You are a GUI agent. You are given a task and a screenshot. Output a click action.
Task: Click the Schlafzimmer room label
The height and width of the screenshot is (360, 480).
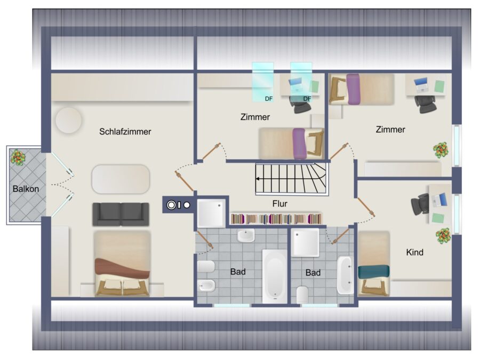tap(125, 132)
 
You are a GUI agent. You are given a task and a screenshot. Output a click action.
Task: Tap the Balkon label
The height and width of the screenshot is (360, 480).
tap(26, 189)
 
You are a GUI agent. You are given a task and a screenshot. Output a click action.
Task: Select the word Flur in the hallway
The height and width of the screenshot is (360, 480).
tap(280, 204)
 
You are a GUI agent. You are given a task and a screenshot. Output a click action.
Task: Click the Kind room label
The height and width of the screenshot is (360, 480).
tap(415, 252)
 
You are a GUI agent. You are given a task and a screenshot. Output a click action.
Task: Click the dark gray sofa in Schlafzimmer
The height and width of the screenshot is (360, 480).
tap(121, 214)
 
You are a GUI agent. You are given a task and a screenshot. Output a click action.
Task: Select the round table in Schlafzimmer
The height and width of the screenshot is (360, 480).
tap(69, 120)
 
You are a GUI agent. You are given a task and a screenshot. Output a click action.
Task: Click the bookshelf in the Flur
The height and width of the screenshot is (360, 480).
tap(276, 219)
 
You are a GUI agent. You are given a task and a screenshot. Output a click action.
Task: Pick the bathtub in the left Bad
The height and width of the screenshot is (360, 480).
tap(275, 276)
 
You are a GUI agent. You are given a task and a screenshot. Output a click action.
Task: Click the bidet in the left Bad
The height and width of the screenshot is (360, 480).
tap(206, 286)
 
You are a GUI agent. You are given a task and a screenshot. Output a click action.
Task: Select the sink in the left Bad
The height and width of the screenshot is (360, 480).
tap(246, 235)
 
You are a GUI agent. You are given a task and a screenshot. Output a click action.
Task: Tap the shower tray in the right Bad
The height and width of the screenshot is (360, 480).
tap(305, 243)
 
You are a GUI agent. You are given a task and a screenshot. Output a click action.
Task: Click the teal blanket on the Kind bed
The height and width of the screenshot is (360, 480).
tap(374, 272)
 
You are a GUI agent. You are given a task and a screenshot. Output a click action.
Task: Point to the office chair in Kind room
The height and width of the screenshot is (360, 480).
tap(420, 204)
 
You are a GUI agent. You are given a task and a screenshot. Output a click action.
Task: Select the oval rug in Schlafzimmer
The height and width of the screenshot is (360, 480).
tap(121, 179)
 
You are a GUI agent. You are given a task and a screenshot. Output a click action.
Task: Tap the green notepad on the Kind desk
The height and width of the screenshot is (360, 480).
tap(438, 218)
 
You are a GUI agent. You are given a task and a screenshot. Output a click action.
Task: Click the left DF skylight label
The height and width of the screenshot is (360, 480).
tap(269, 99)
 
